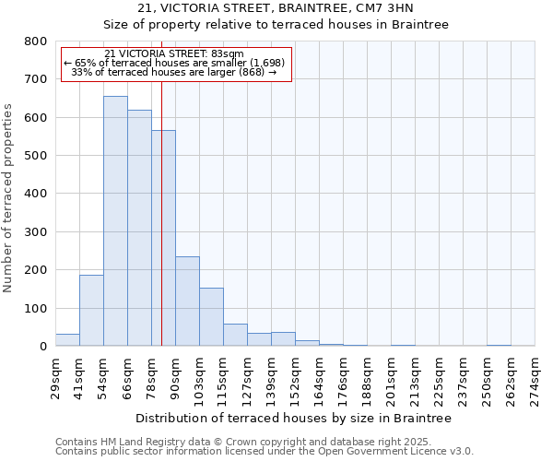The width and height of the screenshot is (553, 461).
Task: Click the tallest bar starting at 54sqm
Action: click(x=115, y=221)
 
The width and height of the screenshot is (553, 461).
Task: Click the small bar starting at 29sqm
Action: click(x=67, y=340)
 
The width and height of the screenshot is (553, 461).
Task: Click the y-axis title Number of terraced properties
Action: click(x=8, y=198)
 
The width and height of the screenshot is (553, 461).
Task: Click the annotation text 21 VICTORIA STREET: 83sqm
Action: click(x=174, y=53)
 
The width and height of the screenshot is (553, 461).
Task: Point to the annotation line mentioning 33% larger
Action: click(x=174, y=72)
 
